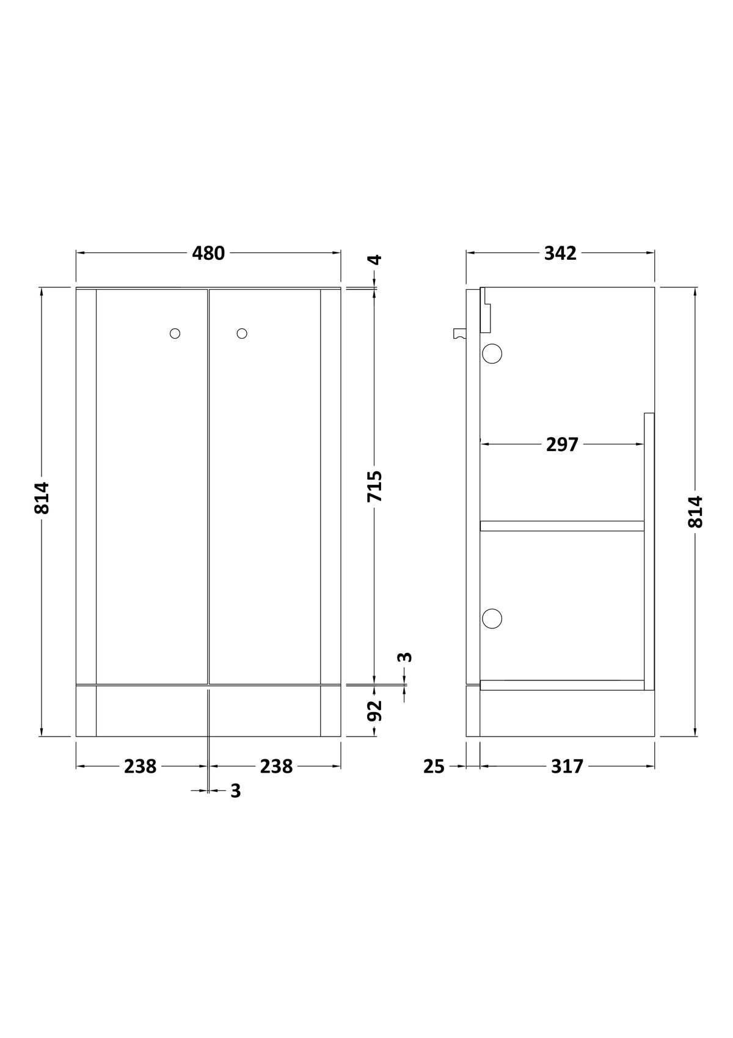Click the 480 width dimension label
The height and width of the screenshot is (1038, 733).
click(x=208, y=254)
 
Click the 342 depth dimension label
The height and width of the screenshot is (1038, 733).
click(x=560, y=254)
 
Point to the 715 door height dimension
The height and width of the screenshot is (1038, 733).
click(x=375, y=486)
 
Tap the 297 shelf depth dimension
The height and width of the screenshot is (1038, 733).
click(x=562, y=444)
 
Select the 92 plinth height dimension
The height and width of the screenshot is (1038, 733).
click(x=375, y=711)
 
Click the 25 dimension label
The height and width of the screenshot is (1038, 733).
click(x=434, y=767)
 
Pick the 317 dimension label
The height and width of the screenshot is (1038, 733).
click(x=567, y=767)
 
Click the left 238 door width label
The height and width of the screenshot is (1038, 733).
click(x=140, y=767)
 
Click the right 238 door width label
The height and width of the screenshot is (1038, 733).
click(x=277, y=767)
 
